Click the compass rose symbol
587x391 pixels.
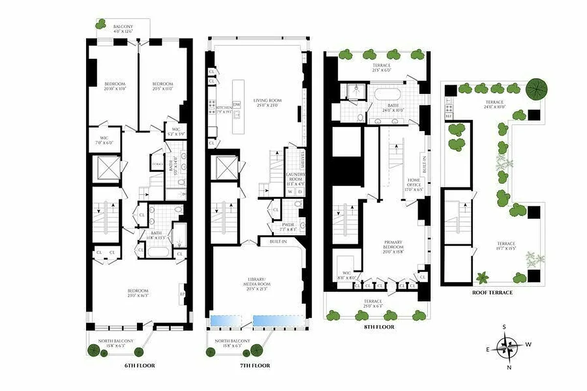point(509,348)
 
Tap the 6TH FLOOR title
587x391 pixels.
point(139,366)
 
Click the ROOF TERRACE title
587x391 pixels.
point(492,292)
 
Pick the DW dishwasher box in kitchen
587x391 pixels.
point(237,105)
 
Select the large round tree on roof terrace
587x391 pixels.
point(537,89)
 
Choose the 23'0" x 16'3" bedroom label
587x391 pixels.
point(138,293)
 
